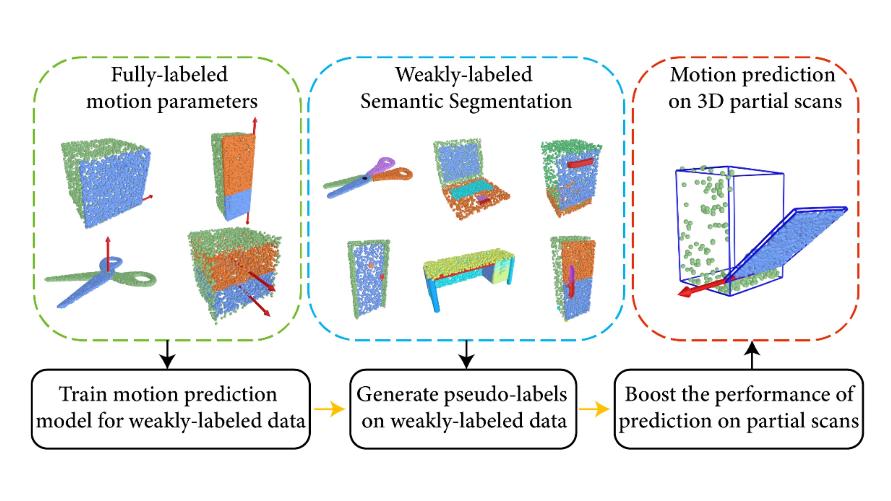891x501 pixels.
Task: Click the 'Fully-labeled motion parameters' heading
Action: (x=172, y=89)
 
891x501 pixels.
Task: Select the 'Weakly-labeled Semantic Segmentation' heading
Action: (x=466, y=89)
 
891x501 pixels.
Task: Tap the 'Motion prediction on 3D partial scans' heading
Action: (x=754, y=89)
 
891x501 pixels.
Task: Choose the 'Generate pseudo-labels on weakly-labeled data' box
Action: (x=463, y=409)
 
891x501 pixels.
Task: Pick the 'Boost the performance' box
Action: (x=739, y=409)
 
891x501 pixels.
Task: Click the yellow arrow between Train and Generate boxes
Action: (x=330, y=409)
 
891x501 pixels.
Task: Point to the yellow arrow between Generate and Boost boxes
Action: (x=594, y=409)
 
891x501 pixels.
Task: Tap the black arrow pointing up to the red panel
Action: (x=752, y=355)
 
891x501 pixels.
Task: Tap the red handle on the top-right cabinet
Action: (x=580, y=163)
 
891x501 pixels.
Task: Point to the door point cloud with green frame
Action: (x=369, y=278)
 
